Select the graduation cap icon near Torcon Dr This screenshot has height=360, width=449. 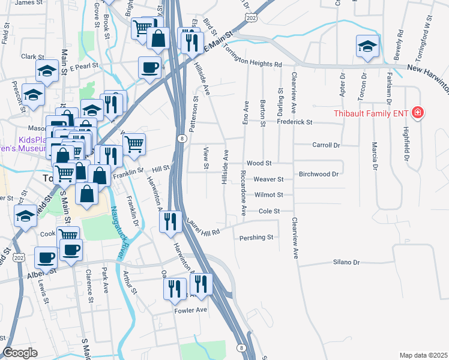(367, 46)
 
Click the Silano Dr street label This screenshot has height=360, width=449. (346, 262)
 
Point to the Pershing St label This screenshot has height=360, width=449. (256, 238)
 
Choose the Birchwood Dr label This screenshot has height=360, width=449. (319, 174)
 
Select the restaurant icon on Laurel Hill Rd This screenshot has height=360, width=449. (170, 221)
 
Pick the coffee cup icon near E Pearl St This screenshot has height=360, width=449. (149, 67)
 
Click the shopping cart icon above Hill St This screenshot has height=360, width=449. (134, 143)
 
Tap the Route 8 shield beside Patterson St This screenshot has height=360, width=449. (181, 139)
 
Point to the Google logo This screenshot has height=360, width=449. (20, 352)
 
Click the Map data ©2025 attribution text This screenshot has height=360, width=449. (423, 355)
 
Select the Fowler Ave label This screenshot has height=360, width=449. (190, 310)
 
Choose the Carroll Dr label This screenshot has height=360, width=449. (326, 145)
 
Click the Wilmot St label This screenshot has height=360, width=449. (268, 195)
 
